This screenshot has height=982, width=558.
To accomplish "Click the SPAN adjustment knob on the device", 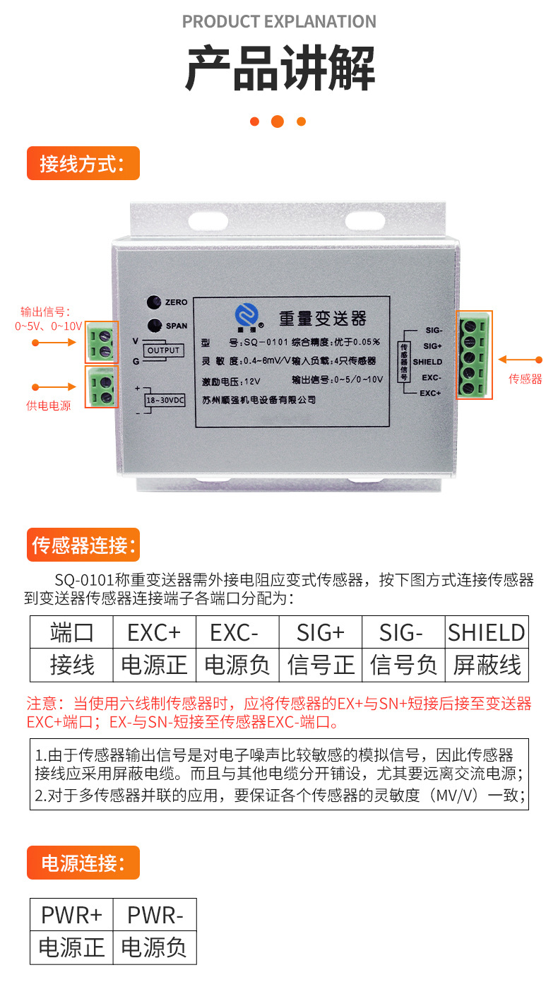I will (x=153, y=326).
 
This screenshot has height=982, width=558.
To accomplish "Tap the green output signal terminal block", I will (x=102, y=342).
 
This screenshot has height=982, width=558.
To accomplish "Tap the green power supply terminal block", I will (x=102, y=386).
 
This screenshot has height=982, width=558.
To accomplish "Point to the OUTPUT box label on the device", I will (x=164, y=350).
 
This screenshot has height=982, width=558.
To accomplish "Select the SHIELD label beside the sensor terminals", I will (x=427, y=362).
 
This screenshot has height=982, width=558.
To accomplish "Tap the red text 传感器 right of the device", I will (x=526, y=379).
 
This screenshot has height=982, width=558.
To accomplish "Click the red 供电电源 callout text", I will (x=49, y=406).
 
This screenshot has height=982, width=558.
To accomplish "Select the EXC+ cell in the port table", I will (x=154, y=632).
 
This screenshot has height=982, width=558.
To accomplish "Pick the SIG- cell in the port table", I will (x=403, y=632).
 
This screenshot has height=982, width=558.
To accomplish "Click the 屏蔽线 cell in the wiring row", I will (x=487, y=665).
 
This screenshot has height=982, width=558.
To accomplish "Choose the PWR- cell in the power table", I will (x=155, y=916).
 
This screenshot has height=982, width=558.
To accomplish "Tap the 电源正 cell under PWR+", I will (x=71, y=947).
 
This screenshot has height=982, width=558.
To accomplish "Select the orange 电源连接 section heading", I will (x=83, y=863).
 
